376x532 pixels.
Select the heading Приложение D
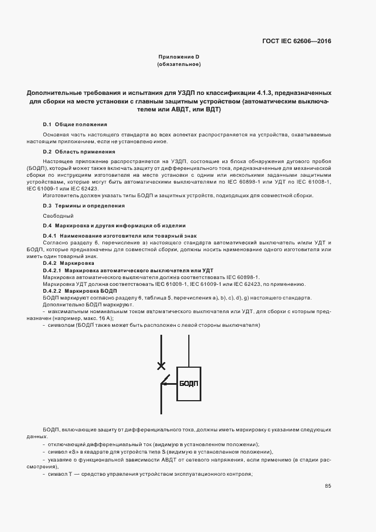point(179,57)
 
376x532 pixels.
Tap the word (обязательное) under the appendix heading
point(179,64)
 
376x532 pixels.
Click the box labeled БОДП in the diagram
point(188,384)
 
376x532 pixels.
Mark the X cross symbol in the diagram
point(162,365)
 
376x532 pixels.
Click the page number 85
point(328,485)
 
